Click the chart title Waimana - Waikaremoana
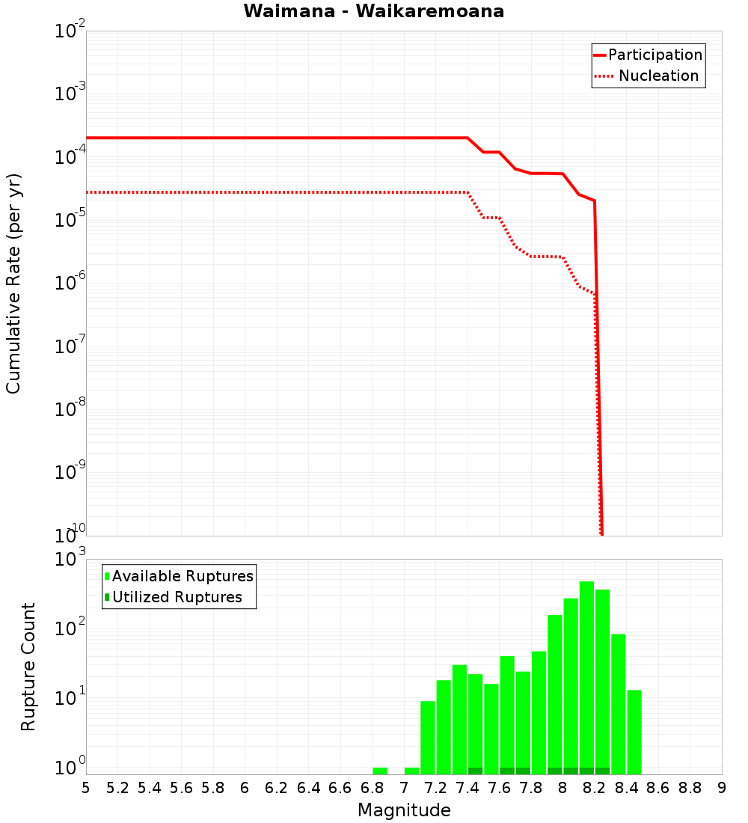click(x=374, y=11)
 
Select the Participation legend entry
click(x=654, y=55)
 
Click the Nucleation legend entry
click(x=657, y=76)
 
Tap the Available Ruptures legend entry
click(x=183, y=576)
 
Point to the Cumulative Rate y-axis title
click(x=13, y=283)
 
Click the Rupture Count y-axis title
click(x=28, y=667)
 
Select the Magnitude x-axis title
click(x=404, y=810)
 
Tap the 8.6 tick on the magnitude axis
click(x=658, y=788)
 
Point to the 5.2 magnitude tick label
click(x=117, y=788)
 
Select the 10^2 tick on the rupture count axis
click(x=72, y=628)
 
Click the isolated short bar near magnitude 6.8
click(x=380, y=771)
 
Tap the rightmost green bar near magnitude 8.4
click(x=634, y=732)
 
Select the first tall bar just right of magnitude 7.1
click(x=428, y=737)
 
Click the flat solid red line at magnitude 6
click(x=245, y=138)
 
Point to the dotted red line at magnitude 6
click(x=245, y=192)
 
